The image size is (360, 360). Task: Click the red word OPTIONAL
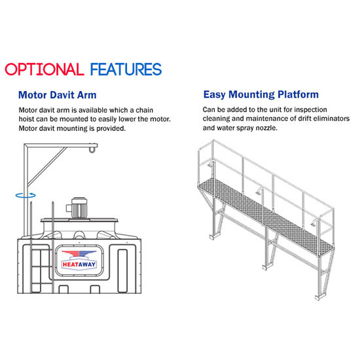pyautogui.click(x=45, y=69)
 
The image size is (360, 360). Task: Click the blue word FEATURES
pyautogui.click(x=126, y=69)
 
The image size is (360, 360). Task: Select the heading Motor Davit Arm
pyautogui.click(x=58, y=95)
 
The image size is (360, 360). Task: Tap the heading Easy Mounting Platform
pyautogui.click(x=261, y=95)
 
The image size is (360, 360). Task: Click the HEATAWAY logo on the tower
pyautogui.click(x=79, y=260)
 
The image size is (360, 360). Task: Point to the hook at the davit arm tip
pyautogui.click(x=92, y=149)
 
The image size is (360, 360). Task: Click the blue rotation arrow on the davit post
pyautogui.click(x=26, y=196)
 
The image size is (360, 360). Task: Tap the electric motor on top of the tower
pyautogui.click(x=77, y=207)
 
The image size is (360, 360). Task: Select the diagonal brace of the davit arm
pyautogui.click(x=46, y=166)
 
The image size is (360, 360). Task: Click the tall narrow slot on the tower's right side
pyautogui.click(x=122, y=271)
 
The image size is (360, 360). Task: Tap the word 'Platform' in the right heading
pyautogui.click(x=298, y=95)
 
